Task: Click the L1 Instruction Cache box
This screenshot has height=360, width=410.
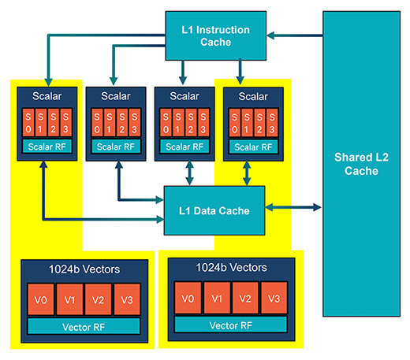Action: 215,35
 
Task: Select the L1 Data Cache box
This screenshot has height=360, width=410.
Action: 214,210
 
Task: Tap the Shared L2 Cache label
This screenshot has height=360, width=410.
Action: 361,164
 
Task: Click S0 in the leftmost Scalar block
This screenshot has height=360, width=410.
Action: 28,123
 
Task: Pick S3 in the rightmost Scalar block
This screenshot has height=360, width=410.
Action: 272,123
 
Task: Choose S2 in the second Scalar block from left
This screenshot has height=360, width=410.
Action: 122,123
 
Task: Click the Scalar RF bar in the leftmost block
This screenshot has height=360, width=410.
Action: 47,147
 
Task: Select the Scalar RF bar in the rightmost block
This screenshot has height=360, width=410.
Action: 253,147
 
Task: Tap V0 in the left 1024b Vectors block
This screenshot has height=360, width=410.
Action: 41,299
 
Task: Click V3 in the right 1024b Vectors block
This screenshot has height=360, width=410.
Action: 274,298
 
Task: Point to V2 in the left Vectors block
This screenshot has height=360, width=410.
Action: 98,299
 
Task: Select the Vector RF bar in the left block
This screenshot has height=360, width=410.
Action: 84,326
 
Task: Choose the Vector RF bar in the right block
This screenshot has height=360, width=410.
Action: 231,325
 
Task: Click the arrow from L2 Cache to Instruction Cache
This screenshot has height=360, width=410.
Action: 295,35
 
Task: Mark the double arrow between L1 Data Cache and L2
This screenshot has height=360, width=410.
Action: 293,207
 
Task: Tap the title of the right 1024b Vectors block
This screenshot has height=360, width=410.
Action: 231,268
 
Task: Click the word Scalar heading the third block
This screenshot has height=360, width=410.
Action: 184,96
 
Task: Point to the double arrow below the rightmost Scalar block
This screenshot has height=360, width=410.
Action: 247,173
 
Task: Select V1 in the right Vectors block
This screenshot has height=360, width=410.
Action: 217,298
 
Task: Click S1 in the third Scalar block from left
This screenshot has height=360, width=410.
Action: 178,123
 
